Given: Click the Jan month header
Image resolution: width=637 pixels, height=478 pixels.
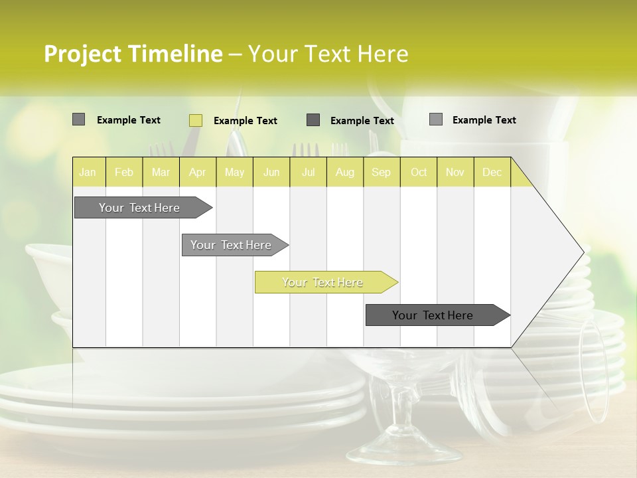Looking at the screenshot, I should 88,172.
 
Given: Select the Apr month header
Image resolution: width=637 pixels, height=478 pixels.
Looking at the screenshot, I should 198,172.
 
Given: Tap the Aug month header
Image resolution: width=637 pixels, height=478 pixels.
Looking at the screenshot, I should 345,172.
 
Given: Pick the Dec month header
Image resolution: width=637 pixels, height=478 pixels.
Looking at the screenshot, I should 492,172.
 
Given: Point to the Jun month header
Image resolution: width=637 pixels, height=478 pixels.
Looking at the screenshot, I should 271,172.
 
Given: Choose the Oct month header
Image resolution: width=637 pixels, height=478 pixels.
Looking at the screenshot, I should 419,172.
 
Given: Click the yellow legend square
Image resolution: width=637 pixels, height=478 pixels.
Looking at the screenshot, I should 196,120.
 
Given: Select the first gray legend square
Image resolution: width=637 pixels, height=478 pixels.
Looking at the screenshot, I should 79,119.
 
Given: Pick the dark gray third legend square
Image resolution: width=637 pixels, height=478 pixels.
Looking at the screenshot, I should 313,120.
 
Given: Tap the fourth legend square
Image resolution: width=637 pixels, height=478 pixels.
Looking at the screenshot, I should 436,119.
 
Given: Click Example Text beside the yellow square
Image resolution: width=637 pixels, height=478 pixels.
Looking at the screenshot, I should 245,121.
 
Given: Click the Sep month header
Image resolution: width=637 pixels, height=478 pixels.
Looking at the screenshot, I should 382,172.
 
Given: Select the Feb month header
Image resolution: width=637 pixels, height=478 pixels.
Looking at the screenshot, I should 124,172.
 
